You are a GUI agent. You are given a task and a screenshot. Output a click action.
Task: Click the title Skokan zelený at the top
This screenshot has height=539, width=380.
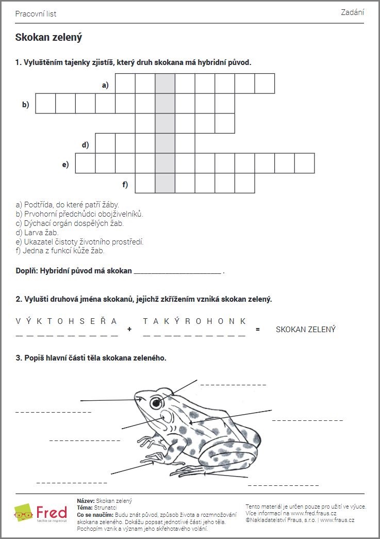pyautogui.click(x=48, y=37)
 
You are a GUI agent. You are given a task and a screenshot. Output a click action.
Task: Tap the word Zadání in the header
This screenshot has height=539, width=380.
pyautogui.click(x=352, y=12)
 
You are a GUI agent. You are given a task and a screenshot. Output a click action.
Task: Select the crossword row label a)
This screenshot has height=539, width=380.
pyautogui.click(x=105, y=85)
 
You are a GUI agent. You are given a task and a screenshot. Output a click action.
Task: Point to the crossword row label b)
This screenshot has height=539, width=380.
pyautogui.click(x=25, y=104)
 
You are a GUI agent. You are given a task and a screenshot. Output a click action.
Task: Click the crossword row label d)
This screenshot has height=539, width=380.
pyautogui.click(x=85, y=145)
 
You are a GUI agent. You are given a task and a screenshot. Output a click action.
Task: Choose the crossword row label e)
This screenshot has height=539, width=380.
pyautogui.click(x=65, y=165)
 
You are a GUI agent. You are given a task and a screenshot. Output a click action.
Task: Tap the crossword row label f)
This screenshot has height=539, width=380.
pyautogui.click(x=125, y=184)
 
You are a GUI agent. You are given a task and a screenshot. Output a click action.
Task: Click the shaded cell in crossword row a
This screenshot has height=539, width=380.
pyautogui.click(x=165, y=84)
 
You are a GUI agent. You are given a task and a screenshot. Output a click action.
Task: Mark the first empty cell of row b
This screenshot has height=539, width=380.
pyautogui.click(x=45, y=104)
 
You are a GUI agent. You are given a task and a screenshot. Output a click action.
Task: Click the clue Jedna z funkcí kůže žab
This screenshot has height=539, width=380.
pyautogui.click(x=60, y=251)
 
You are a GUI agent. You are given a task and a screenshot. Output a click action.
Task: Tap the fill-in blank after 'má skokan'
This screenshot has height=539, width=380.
pyautogui.click(x=177, y=270)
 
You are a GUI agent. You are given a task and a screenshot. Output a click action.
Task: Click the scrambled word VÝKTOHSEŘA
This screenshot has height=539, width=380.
pyautogui.click(x=67, y=321)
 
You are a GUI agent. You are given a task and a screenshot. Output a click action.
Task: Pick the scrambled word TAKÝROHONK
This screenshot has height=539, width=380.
pyautogui.click(x=194, y=321)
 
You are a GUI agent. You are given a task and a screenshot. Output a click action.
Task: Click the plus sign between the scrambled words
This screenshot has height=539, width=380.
pyautogui.click(x=129, y=329)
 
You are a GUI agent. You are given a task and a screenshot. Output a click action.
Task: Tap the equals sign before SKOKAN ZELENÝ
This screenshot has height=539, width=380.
pyautogui.click(x=258, y=329)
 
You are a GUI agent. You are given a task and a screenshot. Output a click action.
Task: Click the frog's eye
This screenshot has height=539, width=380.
pyautogui.click(x=155, y=403)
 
